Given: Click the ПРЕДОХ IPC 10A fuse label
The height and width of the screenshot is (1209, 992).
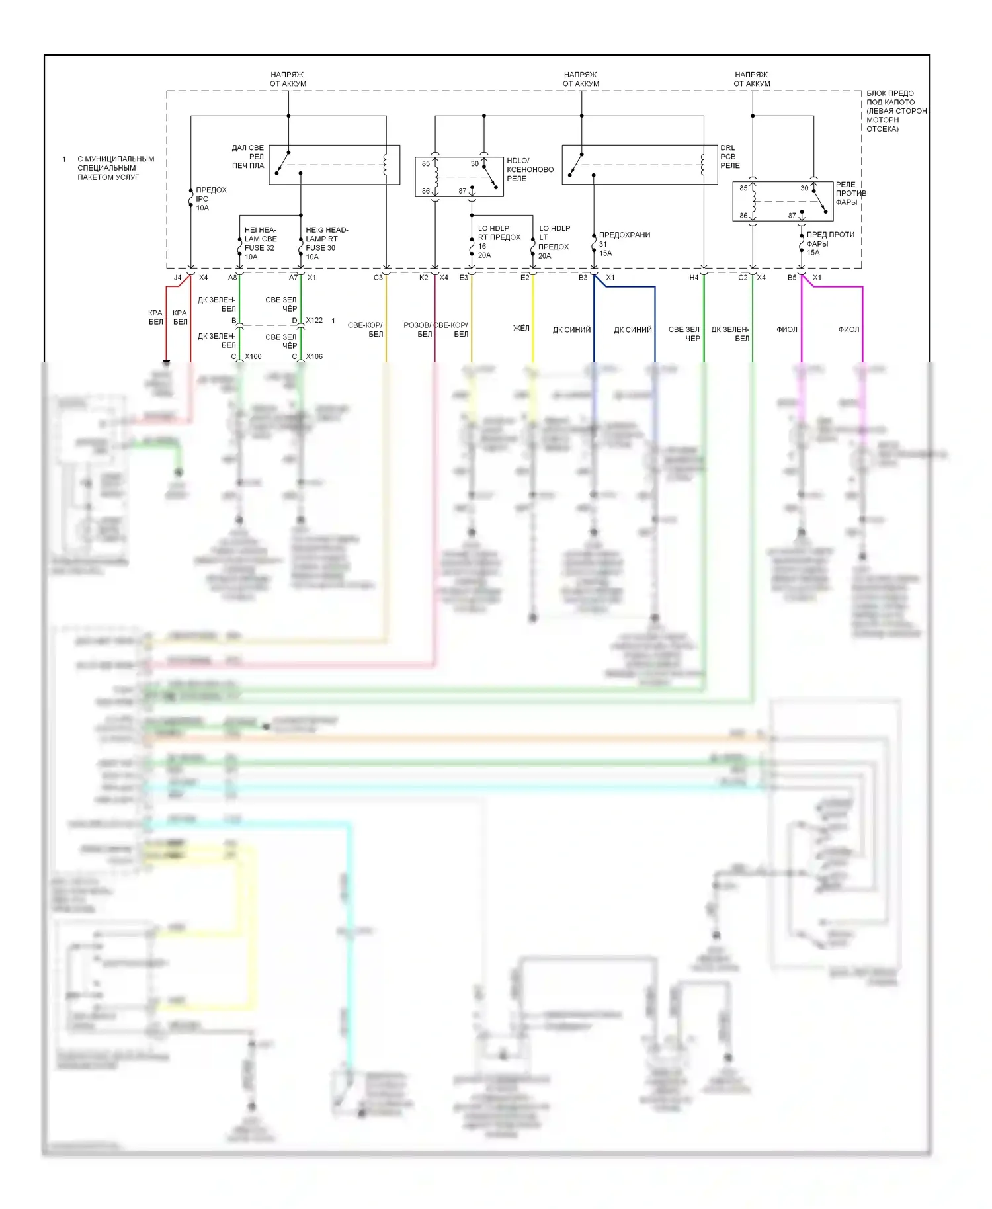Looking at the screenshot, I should [210, 199].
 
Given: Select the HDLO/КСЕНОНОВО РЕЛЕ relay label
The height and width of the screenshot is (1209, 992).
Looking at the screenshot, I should [530, 169].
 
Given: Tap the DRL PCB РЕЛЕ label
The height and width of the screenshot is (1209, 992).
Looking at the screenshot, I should [729, 157].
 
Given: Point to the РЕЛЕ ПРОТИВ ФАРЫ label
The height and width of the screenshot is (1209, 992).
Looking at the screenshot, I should [850, 193].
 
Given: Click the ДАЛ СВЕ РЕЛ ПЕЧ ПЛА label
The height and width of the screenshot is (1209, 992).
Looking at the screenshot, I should [248, 157].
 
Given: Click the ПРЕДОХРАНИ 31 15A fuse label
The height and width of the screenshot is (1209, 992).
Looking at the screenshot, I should [623, 243].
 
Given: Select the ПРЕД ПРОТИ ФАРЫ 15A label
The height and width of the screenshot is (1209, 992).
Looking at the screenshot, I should [829, 243].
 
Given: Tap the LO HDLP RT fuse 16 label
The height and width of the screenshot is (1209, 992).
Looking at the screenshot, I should [499, 241].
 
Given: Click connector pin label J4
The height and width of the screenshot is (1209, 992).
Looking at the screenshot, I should [177, 278].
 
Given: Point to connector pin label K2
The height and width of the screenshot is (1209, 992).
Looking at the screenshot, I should [423, 278].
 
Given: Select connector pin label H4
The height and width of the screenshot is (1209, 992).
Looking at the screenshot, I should [694, 278].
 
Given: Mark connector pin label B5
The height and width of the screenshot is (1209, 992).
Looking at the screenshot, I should [792, 278].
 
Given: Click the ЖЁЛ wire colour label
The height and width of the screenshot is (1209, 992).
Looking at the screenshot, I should [521, 328].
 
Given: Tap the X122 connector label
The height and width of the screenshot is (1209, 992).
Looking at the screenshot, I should [314, 320].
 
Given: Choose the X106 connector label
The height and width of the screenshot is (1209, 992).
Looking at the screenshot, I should [314, 356].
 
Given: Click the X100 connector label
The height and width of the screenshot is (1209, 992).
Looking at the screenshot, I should [253, 356].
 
